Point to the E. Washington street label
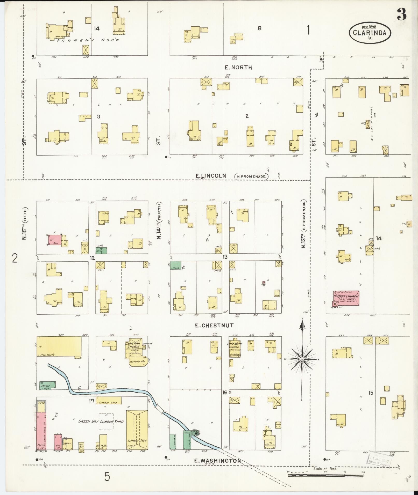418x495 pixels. (x=217, y=461)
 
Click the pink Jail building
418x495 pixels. (x=55, y=240)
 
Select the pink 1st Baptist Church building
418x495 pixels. (x=346, y=298)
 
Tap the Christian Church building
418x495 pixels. (x=136, y=350)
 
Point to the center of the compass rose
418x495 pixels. (x=302, y=360)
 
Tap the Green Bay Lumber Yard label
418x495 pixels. (x=101, y=422)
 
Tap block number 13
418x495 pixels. (x=225, y=257)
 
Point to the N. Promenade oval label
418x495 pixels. (x=251, y=176)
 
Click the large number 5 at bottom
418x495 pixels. (x=107, y=476)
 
